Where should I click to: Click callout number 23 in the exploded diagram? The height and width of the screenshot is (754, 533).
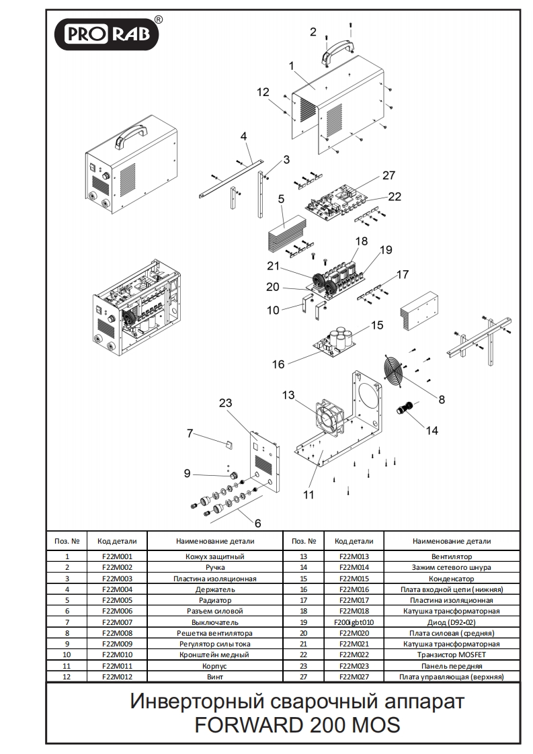[x=226, y=403]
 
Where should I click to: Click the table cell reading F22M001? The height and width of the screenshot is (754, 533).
[x=117, y=556]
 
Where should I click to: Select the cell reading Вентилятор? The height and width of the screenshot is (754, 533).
[x=451, y=556]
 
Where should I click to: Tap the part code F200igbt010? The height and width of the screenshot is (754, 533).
[x=354, y=622]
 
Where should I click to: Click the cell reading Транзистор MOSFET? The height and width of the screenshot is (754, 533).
[x=451, y=655]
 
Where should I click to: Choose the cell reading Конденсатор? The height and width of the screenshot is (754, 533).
[x=451, y=579]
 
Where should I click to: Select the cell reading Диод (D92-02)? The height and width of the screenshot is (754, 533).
[x=451, y=622]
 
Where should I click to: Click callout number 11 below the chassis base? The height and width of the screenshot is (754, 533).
[x=309, y=495]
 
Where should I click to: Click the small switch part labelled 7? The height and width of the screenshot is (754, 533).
[x=228, y=444]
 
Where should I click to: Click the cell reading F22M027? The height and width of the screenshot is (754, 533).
[x=354, y=677]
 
